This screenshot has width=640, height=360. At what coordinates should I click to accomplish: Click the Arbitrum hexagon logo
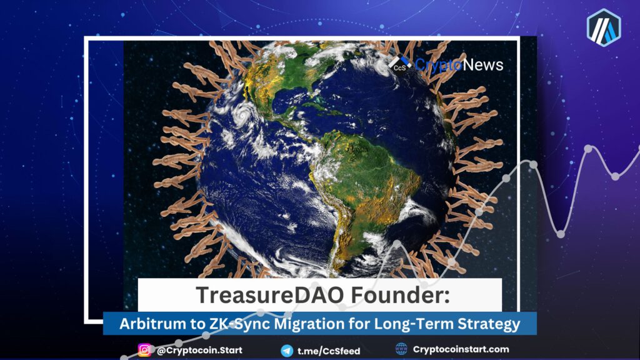click(x=604, y=27)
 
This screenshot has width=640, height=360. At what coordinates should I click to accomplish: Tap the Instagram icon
click(x=144, y=350)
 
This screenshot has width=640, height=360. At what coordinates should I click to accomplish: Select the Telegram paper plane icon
click(x=287, y=351)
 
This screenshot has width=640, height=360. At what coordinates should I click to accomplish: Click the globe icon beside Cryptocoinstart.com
click(x=401, y=349)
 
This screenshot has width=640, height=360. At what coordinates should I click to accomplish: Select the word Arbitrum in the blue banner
click(x=152, y=324)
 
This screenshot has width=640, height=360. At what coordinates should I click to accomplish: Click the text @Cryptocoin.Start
click(x=199, y=350)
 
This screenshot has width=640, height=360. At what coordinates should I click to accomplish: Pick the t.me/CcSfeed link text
click(x=329, y=351)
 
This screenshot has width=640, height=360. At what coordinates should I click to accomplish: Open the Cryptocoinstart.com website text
click(x=461, y=349)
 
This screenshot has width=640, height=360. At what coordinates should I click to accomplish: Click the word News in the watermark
click(x=483, y=64)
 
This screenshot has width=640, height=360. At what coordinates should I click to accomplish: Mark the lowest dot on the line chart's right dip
click(x=561, y=234)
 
